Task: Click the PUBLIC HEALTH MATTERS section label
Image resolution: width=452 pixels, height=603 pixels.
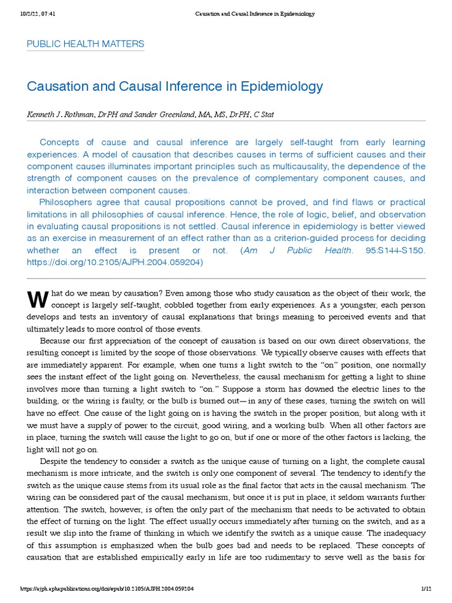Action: (x=85, y=44)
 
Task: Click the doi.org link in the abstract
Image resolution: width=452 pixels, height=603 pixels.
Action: (x=115, y=263)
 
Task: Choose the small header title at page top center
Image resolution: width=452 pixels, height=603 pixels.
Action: (x=254, y=14)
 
